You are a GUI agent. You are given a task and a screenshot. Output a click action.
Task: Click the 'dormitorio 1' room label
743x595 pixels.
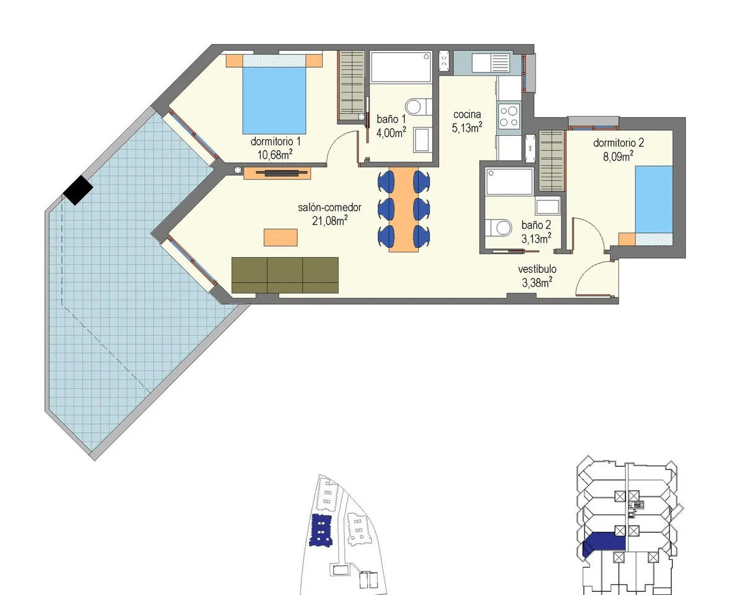[276, 141]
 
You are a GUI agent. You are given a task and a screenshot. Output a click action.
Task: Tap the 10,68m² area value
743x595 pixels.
[275, 154]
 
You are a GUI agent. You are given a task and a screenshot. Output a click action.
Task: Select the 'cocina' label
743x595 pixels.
[467, 114]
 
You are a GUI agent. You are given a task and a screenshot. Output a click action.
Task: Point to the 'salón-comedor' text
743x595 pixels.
[329, 208]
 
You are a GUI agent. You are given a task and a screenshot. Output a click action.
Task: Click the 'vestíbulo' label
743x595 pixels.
[537, 269]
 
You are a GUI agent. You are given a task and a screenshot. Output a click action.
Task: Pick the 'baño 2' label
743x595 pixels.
[536, 225]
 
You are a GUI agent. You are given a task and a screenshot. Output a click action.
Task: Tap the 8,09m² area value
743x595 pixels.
[618, 156]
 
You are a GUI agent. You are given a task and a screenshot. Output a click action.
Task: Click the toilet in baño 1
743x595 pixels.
[419, 107]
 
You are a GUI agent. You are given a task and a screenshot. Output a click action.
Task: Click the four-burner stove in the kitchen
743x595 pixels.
[509, 117]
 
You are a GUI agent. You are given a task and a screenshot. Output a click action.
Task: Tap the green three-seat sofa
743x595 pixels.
[285, 275]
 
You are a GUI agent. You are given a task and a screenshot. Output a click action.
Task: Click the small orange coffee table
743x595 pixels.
[280, 237]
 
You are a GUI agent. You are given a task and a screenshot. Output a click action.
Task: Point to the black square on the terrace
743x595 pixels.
[78, 190]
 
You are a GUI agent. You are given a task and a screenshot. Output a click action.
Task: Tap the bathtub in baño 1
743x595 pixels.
[401, 67]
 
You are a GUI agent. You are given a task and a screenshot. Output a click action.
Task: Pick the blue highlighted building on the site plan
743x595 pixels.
[321, 530]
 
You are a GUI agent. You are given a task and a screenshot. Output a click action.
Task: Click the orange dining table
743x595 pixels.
[404, 209]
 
